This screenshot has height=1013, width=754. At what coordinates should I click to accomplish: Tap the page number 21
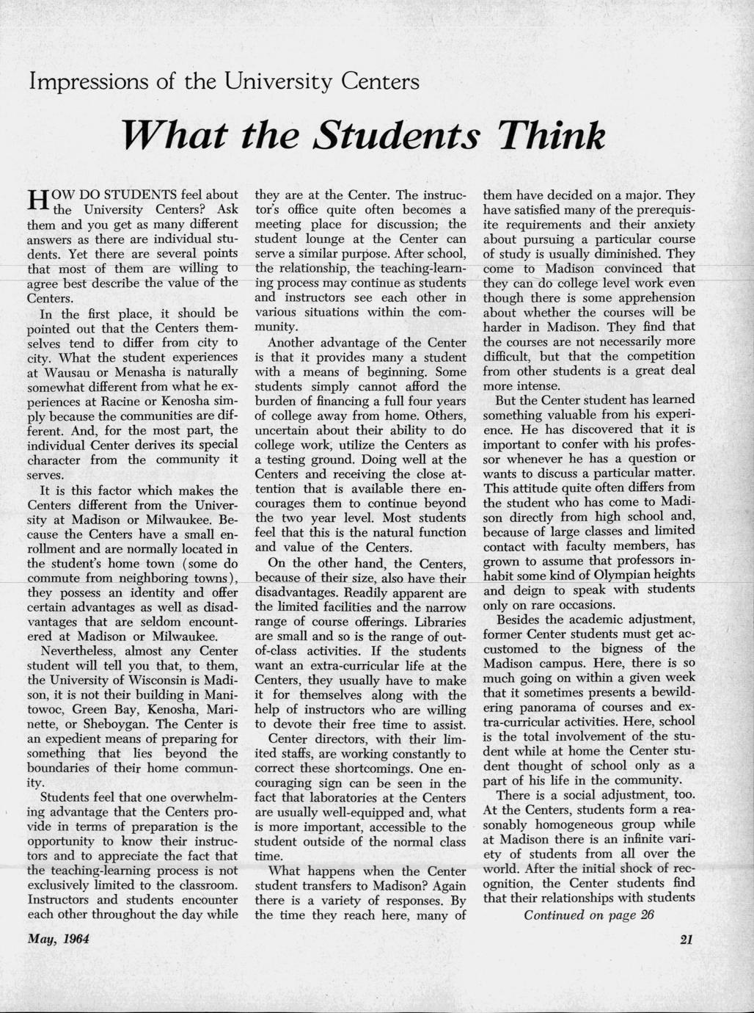point(687,940)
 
